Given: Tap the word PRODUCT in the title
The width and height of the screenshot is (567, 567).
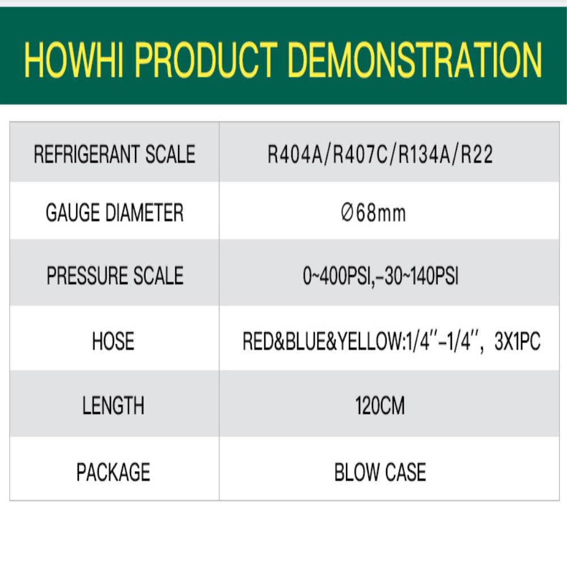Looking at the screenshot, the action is [x=206, y=60].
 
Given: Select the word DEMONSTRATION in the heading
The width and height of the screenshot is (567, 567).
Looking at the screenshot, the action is [x=415, y=60].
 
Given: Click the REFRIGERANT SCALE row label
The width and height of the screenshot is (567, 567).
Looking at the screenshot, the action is [x=115, y=154].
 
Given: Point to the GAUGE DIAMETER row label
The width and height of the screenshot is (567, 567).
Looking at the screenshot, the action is [x=115, y=212].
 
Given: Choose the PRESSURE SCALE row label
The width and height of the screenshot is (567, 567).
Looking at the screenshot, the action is [x=115, y=276].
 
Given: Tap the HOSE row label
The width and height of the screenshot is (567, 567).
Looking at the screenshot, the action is [x=113, y=341].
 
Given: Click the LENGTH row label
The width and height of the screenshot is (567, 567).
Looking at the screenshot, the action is [x=113, y=405].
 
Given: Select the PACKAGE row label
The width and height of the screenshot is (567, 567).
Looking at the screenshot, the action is [x=113, y=472].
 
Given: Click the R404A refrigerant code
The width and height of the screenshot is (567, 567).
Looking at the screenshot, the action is [x=295, y=154].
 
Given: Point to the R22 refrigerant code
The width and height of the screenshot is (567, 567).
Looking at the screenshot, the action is [x=477, y=154].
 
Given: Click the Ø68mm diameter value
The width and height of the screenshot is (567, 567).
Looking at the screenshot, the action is [x=373, y=213].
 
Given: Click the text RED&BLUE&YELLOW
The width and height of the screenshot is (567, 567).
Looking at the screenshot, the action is [x=323, y=341].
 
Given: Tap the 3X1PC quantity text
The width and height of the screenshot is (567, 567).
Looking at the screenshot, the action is [x=518, y=341].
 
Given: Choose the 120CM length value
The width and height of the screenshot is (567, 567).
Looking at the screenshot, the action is [x=380, y=405].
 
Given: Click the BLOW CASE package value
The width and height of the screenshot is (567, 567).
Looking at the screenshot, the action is [x=380, y=472].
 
